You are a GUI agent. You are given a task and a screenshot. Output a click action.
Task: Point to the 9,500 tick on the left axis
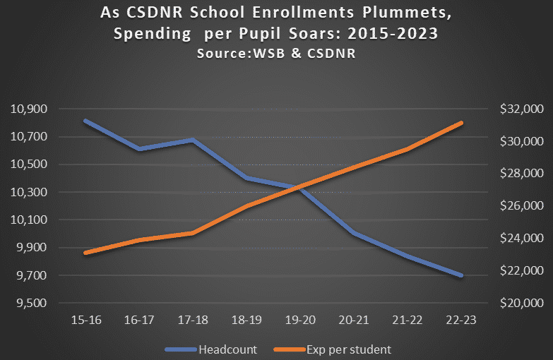point(29,304)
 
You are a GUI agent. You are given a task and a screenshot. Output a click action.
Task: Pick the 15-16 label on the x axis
point(85,320)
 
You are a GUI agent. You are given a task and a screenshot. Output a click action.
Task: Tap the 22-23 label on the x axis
point(460,320)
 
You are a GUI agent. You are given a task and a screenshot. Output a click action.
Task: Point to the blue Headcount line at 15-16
point(85,121)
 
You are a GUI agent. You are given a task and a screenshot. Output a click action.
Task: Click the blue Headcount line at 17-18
point(193,140)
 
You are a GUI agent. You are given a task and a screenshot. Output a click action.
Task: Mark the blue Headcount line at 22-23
point(460,275)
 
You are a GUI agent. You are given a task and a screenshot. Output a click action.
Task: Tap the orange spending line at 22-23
point(460,123)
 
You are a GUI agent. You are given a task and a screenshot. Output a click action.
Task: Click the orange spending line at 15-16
point(85,253)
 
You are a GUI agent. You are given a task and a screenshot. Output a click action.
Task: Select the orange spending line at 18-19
point(246,206)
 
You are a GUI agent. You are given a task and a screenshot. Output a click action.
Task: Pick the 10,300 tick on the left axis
point(29,192)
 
